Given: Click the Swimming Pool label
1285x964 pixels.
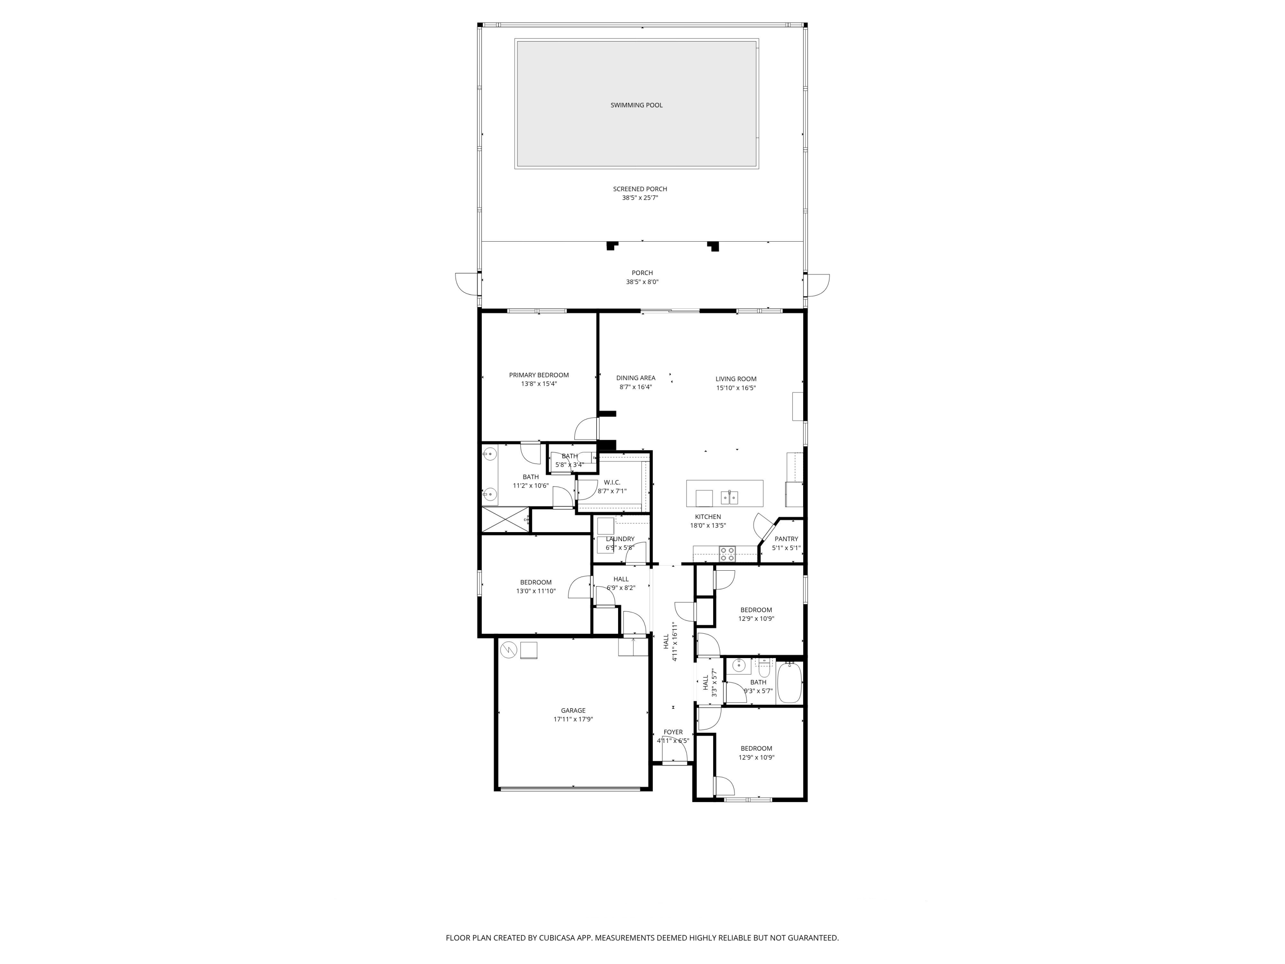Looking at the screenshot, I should coord(636,105).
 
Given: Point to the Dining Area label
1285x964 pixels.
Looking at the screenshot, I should coord(636,378).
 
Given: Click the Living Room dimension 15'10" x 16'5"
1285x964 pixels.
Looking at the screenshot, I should coord(735,388).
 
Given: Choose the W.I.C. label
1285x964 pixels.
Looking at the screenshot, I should coord(612,482).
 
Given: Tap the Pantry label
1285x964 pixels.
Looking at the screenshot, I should coord(786,539).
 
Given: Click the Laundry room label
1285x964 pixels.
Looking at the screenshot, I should coord(620,539).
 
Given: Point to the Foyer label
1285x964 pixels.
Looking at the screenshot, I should coord(673,732).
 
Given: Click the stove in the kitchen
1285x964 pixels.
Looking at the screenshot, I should coord(727,554).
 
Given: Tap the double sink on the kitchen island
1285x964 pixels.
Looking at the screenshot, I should coord(729,497).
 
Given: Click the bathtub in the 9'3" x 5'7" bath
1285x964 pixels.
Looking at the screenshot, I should coord(789,683).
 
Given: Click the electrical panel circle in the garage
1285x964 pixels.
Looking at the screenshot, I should coord(508,649).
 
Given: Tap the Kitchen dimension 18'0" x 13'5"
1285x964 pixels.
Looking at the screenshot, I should coord(708,525).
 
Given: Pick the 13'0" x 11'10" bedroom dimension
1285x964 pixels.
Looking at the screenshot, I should coord(535,591).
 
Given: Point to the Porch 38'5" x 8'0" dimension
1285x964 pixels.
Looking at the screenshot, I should coord(642,282).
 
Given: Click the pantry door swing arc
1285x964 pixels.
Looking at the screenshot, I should coord(760,527).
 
